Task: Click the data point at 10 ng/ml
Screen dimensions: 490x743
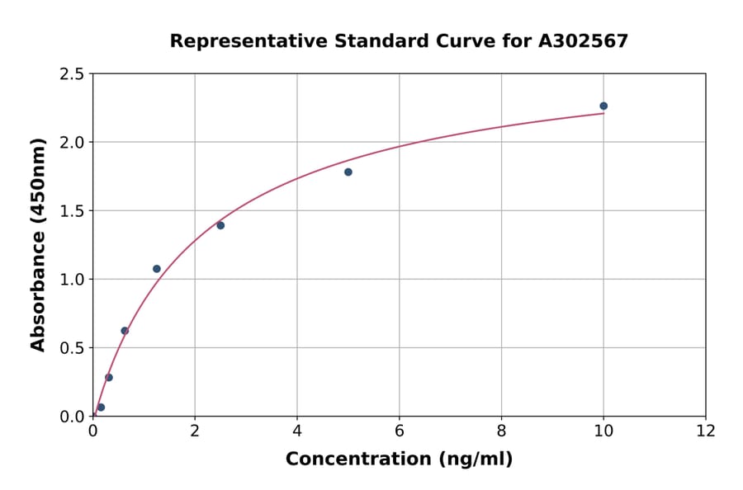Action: [x=603, y=106]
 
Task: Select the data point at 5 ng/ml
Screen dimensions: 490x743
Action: [x=348, y=172]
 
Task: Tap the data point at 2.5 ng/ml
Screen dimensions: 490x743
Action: [x=220, y=225]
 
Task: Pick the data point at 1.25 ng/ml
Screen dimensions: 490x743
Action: [x=157, y=269]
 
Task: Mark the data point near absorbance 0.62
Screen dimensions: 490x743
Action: [x=125, y=331]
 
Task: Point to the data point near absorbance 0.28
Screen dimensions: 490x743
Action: [x=109, y=378]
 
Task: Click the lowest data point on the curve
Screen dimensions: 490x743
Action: [x=101, y=408]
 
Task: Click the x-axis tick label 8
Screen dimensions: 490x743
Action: [x=501, y=431]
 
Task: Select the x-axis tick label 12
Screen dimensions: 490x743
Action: [x=706, y=431]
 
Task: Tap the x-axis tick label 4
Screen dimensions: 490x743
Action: [x=297, y=431]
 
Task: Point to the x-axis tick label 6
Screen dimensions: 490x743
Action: [x=400, y=431]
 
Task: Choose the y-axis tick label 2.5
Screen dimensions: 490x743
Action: [x=73, y=74]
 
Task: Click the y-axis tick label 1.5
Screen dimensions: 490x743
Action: [x=73, y=211]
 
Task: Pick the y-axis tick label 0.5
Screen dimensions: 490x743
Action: [x=73, y=348]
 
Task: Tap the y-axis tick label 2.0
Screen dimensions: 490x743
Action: [x=73, y=143]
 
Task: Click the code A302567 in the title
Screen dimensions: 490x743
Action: [x=583, y=41]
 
